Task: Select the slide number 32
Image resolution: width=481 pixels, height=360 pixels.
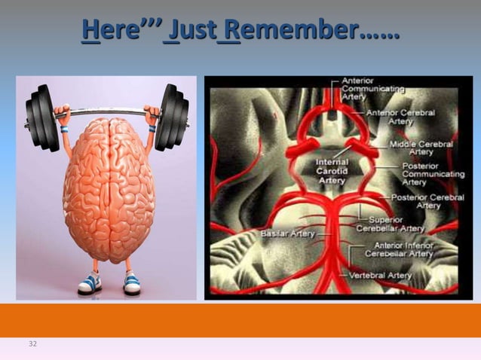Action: click(x=32, y=344)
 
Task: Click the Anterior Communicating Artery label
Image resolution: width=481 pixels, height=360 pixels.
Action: click(x=372, y=88)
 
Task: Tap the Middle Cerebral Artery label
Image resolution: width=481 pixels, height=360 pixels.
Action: click(x=421, y=148)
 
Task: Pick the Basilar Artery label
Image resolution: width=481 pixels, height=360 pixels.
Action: click(x=287, y=234)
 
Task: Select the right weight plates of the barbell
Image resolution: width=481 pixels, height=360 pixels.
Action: click(x=172, y=117)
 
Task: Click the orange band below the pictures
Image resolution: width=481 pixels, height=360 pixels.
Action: click(x=240, y=320)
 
